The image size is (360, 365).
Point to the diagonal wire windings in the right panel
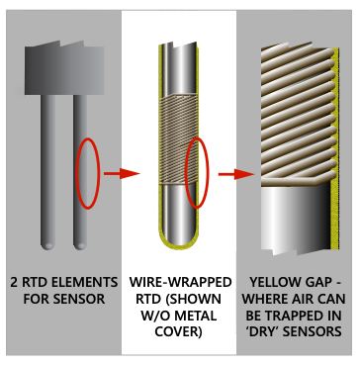coord(297,109)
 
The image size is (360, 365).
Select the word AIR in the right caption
coord(318,297)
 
